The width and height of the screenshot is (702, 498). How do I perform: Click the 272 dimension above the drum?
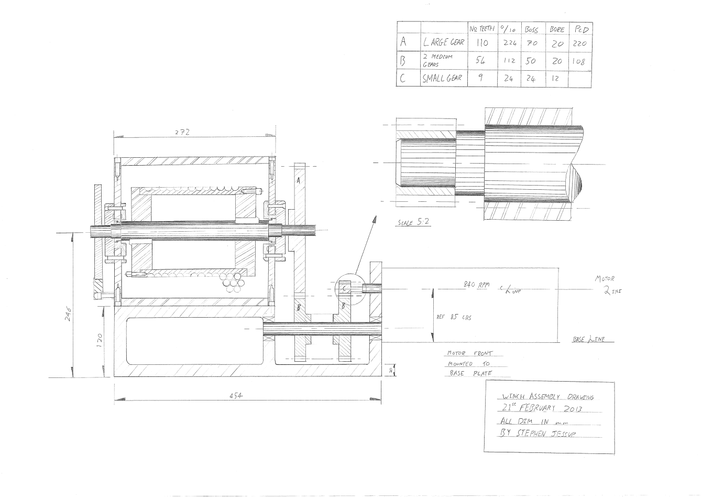(x=182, y=133)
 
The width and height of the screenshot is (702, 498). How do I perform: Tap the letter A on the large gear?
(x=298, y=180)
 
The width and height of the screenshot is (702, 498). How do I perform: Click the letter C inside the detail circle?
(x=344, y=288)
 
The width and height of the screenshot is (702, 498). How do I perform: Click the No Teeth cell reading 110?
(x=482, y=42)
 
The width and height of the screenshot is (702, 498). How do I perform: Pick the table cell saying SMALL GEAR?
(x=443, y=78)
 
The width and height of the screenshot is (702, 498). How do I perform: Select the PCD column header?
(x=580, y=29)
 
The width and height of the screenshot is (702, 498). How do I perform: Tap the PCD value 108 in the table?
(x=579, y=61)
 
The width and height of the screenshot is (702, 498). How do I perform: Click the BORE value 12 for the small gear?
(x=557, y=78)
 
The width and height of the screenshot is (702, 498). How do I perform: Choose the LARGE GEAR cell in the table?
(x=443, y=42)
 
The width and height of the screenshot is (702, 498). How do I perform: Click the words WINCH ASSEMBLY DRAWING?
(x=543, y=397)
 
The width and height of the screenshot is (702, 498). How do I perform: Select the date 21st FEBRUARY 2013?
(x=540, y=409)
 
